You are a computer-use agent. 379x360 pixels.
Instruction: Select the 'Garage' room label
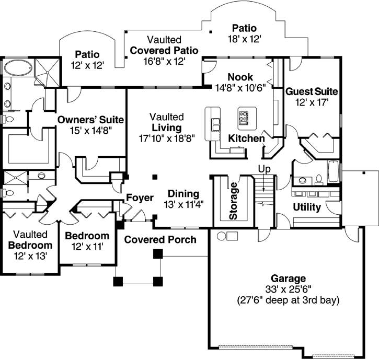point(288,278)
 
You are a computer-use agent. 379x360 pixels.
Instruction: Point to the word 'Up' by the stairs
point(264,169)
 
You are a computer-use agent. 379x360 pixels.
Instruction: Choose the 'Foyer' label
point(140,198)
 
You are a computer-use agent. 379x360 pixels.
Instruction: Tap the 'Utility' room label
point(307,207)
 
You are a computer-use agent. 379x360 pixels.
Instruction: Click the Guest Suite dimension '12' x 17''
point(311,103)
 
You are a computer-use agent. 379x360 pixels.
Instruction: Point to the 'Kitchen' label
point(246,138)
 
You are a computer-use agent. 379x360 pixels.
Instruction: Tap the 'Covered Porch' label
point(160,240)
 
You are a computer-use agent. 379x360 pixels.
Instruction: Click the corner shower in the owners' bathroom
point(47,71)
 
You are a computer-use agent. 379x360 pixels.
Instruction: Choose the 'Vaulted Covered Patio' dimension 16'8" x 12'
point(164,61)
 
